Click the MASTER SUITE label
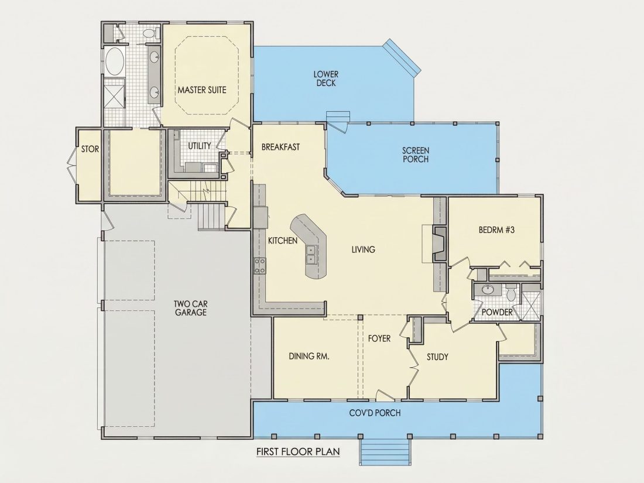coord(201,90)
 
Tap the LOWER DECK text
coord(326,78)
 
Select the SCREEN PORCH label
coord(415,155)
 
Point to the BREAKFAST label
coord(280,146)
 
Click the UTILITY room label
coord(199,146)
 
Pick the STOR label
coord(90,149)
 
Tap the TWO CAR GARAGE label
coord(190,308)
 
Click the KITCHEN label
coord(283,241)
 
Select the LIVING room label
coord(363,249)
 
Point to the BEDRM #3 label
coord(496,229)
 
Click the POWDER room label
coord(497,312)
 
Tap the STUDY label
coord(437,357)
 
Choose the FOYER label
coord(379,338)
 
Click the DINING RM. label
coord(309,356)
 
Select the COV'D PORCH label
coord(375,413)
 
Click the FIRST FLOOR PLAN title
coord(298,452)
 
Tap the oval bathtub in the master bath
coord(114,61)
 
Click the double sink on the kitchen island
coord(311,254)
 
